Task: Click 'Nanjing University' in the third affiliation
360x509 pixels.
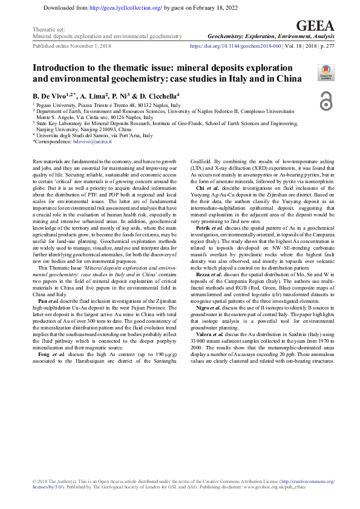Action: click(58, 129)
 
